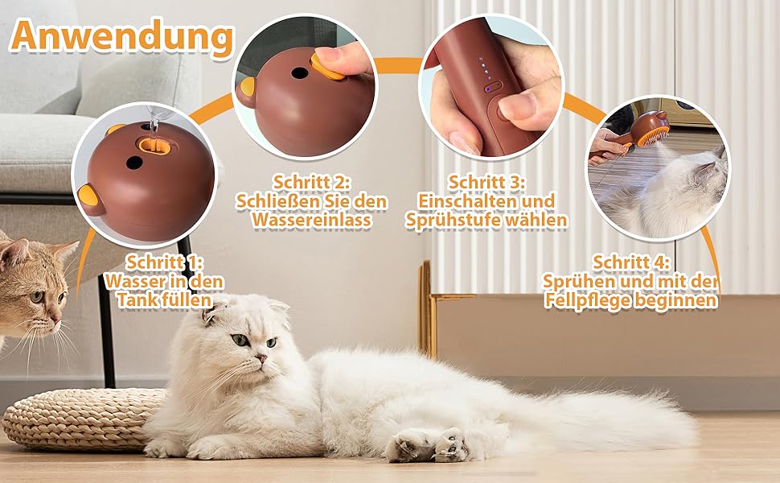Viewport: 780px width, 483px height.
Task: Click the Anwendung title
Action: (122, 36)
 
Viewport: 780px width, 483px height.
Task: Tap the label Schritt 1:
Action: (164, 262)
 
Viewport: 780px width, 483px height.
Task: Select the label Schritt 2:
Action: (312, 182)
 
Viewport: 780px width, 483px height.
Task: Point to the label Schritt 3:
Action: (486, 182)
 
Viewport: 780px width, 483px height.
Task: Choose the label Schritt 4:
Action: (630, 262)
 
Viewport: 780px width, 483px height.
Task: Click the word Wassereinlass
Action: (312, 220)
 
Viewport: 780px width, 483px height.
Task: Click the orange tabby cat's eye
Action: (37, 297)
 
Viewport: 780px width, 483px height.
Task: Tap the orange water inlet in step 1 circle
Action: (155, 146)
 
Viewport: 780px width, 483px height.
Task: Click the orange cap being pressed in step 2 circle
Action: (326, 68)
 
